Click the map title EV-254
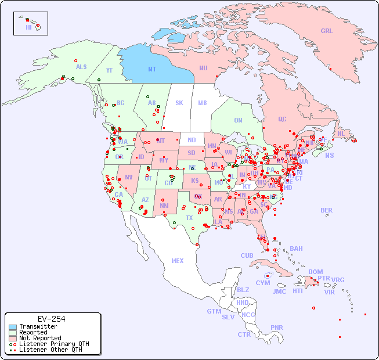coord(51,319)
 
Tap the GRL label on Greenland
coord(327,31)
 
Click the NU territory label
coord(203,68)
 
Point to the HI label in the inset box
coord(28,27)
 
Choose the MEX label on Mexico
coord(178,261)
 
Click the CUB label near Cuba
coord(247,255)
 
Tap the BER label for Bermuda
coord(326,210)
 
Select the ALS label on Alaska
coord(81,67)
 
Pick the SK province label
coord(179,103)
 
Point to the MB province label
coord(203,103)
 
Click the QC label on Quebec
coord(282,119)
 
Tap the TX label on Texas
coord(189,218)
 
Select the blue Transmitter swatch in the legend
coord(13,327)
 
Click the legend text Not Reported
coord(39,338)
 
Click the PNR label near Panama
coord(277,327)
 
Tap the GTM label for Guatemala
coord(214,311)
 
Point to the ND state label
coord(192,140)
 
